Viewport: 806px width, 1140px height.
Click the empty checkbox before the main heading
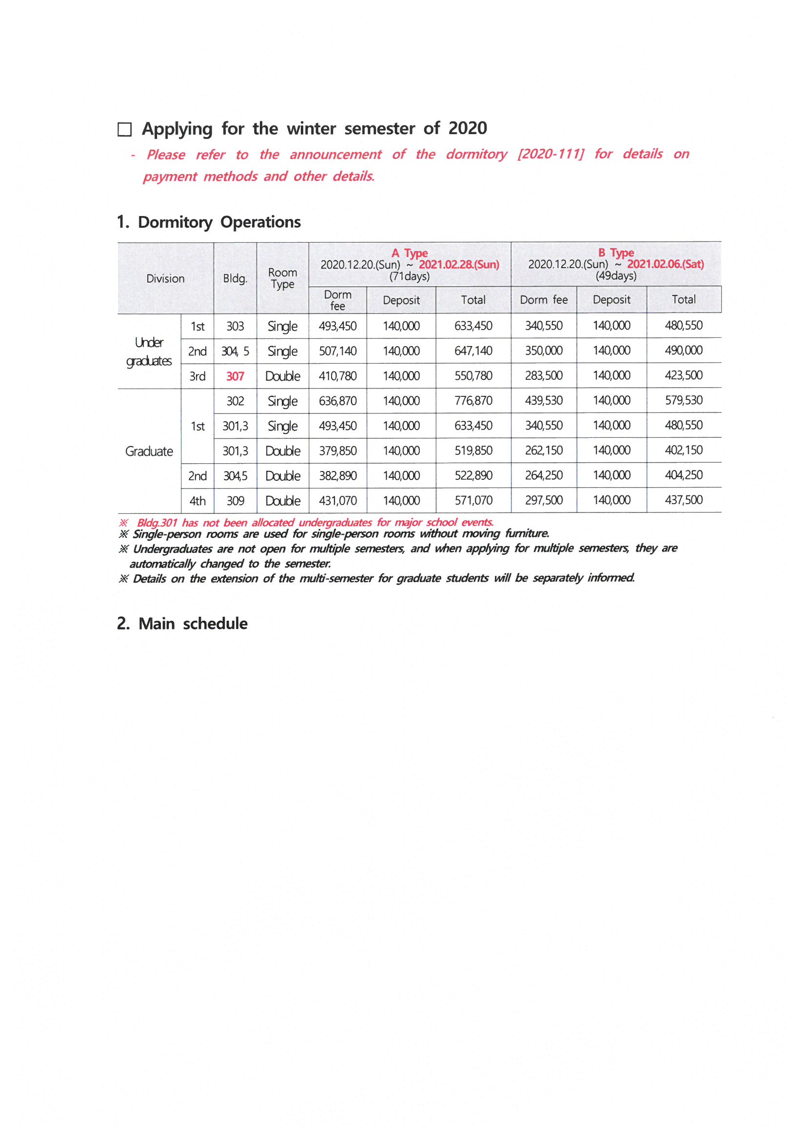point(124,130)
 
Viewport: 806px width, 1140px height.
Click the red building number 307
point(235,376)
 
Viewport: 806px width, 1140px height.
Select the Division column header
point(165,278)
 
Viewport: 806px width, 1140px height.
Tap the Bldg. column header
point(235,278)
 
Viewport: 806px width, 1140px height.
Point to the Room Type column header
point(283,278)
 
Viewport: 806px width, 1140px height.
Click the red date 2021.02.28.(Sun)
point(459,265)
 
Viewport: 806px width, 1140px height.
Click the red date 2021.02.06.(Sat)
point(666,264)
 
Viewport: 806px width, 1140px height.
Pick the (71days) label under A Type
point(409,276)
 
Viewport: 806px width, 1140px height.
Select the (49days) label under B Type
point(616,275)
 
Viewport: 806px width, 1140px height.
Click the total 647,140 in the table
point(473,351)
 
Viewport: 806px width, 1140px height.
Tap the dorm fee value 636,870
point(338,401)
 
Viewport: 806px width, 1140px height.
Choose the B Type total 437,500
point(683,500)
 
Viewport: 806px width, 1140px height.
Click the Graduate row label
point(149,452)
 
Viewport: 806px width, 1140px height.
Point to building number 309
point(235,500)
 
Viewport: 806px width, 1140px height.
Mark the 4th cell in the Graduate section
point(197,500)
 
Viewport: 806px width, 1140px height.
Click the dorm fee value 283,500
point(544,375)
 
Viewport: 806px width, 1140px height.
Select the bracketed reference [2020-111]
point(550,154)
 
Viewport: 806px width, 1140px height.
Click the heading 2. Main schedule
point(182,624)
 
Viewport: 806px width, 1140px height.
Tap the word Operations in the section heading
point(260,222)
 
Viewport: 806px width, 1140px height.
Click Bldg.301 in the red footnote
point(157,523)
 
